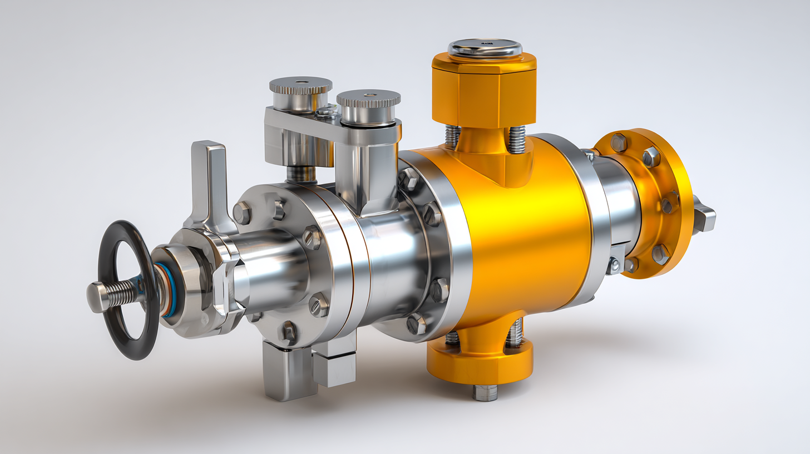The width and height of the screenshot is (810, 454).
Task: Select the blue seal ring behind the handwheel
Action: [161, 290]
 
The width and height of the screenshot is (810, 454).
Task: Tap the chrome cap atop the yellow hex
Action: [485, 48]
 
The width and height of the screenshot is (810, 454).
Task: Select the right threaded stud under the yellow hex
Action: [516, 139]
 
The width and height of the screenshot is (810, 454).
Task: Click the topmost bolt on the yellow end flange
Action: [618, 142]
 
